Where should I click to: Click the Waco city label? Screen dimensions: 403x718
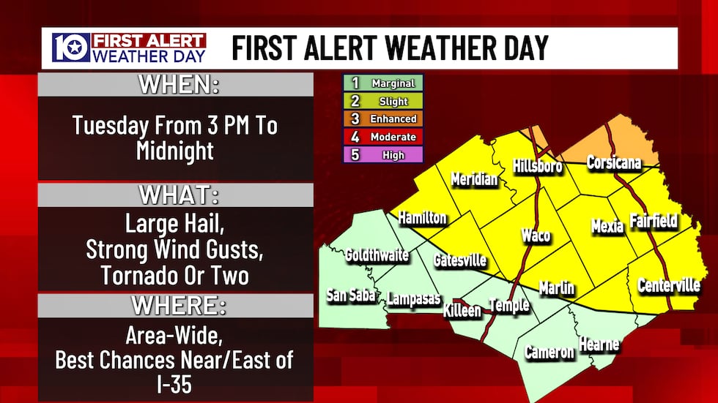pos(536,236)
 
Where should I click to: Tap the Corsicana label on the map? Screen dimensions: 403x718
pos(614,162)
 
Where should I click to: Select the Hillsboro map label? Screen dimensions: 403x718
pos(537,165)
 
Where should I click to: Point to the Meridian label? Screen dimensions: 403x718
pos(474,179)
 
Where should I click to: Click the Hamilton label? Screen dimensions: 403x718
pos(422,217)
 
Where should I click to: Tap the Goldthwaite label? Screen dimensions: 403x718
pos(377,255)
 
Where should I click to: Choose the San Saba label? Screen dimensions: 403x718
pos(351,295)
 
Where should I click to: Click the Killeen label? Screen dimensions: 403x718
pos(462,310)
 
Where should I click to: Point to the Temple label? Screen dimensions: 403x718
pos(508,305)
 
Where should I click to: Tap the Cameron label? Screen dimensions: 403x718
pos(549,352)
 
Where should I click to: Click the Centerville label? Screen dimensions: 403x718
pos(668,285)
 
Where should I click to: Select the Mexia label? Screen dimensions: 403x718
pos(607,226)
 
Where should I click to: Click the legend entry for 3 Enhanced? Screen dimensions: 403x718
pos(383,118)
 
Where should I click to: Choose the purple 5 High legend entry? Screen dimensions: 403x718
pos(383,154)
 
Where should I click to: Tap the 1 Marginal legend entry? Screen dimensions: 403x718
pos(383,83)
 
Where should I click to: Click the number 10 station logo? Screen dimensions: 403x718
pos(70,48)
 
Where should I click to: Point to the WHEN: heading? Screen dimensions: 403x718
pos(179,85)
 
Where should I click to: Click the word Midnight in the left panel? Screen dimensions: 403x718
pos(174,151)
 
